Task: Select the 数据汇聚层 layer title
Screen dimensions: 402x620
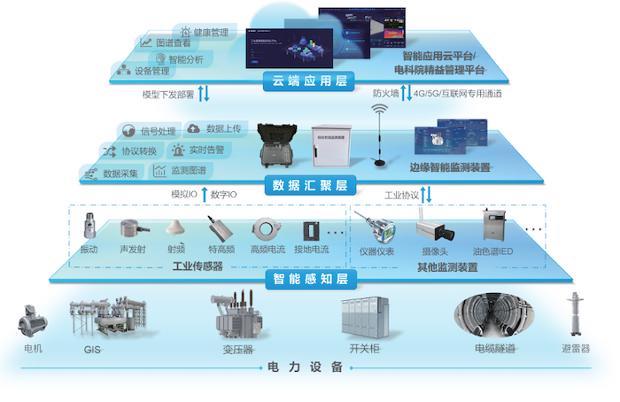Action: [309, 185]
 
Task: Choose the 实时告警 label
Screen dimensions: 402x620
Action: [205, 150]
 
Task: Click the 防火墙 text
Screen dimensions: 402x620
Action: [384, 93]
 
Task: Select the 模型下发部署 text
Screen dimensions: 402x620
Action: [167, 94]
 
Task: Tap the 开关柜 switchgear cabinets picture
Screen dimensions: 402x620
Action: [363, 316]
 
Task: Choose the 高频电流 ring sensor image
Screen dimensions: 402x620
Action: [264, 228]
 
